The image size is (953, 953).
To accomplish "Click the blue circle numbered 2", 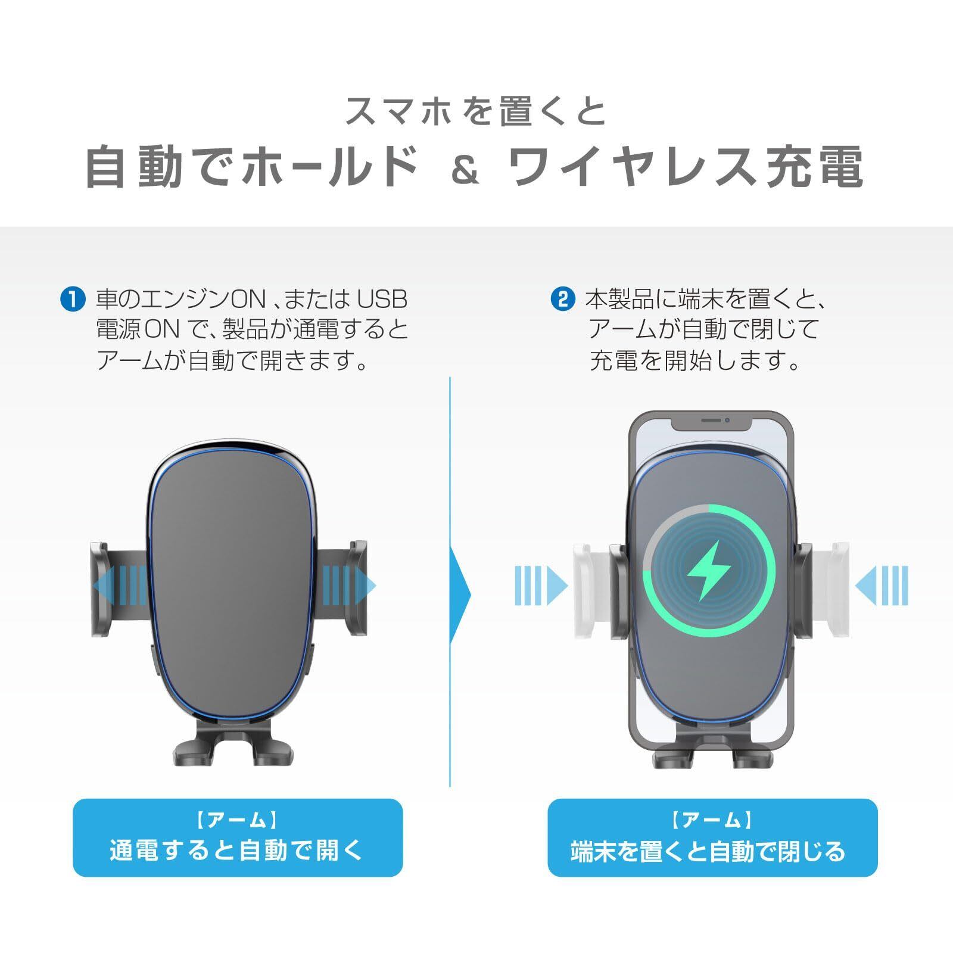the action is pos(562,299).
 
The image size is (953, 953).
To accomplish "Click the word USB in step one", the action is pos(381,299).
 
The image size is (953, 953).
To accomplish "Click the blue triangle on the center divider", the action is pos(459,594).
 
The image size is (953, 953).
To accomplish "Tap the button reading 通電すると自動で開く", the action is pos(238,837).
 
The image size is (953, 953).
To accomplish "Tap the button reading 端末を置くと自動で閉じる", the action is pos(712,837).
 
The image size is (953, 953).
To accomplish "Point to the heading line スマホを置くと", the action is pos(475,111).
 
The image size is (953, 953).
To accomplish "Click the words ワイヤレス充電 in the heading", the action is pos(687,168).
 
